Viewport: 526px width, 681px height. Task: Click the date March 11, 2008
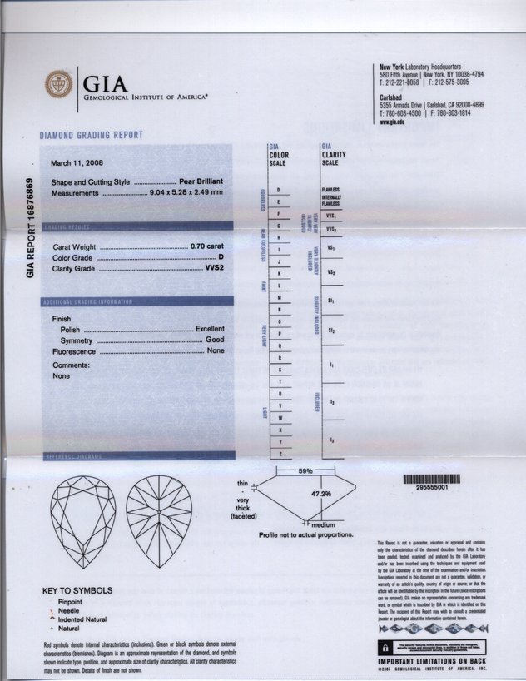click(82, 163)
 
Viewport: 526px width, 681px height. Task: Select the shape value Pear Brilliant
click(203, 181)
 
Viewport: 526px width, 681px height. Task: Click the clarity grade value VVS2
click(214, 269)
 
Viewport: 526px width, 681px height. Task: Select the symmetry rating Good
click(215, 341)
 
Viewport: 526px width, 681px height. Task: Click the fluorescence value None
click(216, 352)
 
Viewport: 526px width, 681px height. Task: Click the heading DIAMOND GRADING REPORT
click(91, 135)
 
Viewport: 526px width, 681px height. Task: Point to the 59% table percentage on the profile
click(305, 471)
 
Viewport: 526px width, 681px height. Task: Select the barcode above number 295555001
click(430, 480)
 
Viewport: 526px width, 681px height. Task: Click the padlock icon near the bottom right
click(385, 646)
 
